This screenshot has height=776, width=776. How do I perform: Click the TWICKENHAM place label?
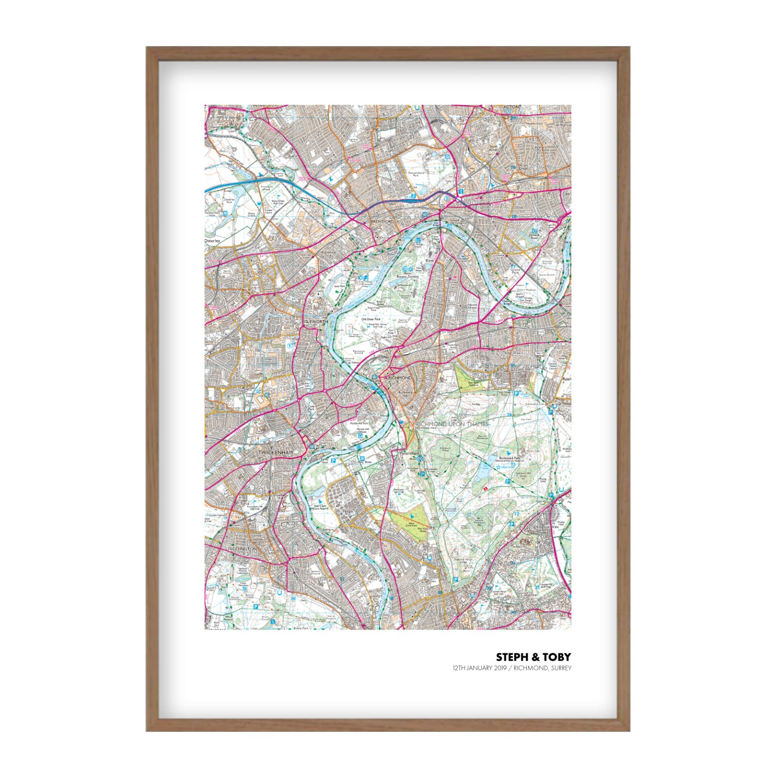(x=275, y=453)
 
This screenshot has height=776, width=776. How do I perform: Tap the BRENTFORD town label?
(x=381, y=221)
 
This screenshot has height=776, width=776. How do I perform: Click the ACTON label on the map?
(x=511, y=107)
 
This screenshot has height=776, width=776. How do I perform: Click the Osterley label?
(x=212, y=241)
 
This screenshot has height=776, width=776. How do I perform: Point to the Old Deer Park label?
(x=371, y=320)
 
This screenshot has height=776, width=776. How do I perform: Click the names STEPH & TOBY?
(x=533, y=657)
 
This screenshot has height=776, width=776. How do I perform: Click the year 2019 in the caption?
(x=500, y=668)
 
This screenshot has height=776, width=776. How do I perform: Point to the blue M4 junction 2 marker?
(x=413, y=196)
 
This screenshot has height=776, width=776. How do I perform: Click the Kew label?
(x=429, y=260)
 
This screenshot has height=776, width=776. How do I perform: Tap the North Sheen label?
(x=472, y=306)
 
